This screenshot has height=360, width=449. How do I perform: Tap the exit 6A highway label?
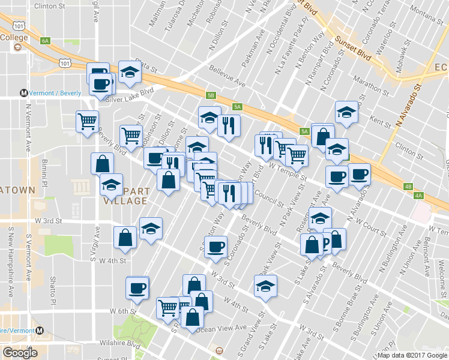tap(45, 41)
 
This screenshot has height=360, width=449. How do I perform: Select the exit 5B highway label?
tap(210, 95)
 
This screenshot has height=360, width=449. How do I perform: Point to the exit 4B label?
tap(408, 187)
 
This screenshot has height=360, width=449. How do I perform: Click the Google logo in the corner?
tap(19, 353)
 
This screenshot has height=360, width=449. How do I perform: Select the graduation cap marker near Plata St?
tap(129, 72)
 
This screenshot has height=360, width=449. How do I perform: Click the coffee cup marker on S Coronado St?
tap(215, 246)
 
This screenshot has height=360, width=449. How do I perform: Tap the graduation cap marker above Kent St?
tap(345, 112)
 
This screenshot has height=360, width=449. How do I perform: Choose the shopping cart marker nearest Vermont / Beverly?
tap(87, 121)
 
